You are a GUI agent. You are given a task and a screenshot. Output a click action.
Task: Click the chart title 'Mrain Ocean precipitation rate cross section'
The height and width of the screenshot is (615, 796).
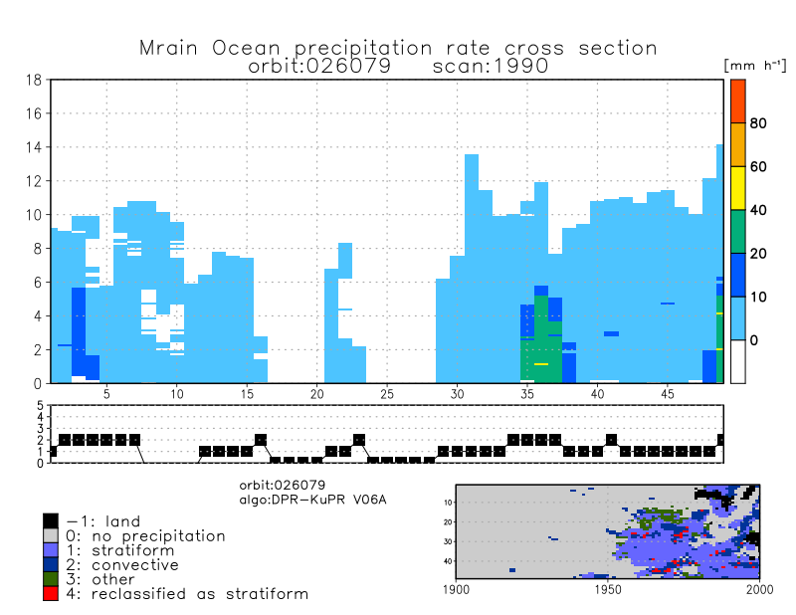[x=398, y=48]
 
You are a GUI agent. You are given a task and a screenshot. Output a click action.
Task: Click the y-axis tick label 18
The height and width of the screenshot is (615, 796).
[x=34, y=81]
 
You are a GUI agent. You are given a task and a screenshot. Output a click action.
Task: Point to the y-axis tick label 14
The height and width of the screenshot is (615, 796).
[x=34, y=147]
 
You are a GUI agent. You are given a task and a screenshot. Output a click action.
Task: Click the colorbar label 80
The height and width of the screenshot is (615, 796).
[x=758, y=123]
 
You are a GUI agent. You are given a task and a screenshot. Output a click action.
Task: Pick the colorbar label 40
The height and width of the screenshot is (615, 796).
[x=758, y=210]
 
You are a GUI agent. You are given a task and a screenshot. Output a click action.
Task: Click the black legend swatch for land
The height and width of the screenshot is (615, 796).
[x=51, y=520]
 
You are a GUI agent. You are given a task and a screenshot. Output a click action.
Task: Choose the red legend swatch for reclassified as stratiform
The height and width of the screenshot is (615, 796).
[x=51, y=593]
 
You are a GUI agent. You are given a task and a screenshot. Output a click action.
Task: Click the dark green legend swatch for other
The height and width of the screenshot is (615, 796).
[x=51, y=579]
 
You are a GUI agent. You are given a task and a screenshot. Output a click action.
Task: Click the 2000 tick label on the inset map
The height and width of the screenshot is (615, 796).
[x=759, y=590]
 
